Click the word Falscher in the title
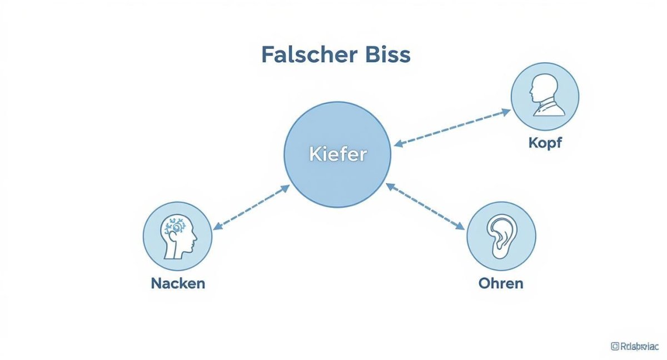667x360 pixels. (x=303, y=55)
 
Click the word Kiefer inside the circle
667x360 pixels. (x=337, y=154)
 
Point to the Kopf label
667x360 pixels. (x=545, y=143)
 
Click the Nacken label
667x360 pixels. (x=178, y=283)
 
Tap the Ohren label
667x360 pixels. (x=501, y=283)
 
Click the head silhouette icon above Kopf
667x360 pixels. (x=544, y=96)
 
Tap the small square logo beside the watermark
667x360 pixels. (x=615, y=346)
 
